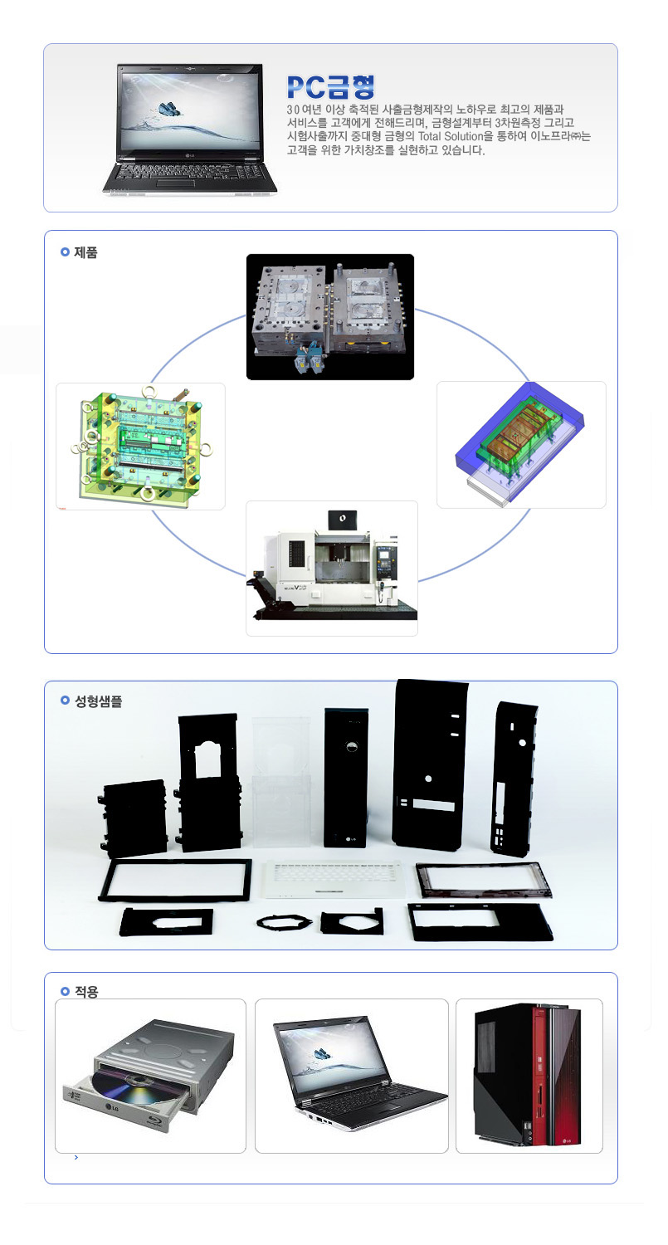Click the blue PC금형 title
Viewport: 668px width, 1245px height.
(330, 87)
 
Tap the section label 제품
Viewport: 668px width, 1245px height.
(85, 252)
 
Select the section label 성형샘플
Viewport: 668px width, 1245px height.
(99, 701)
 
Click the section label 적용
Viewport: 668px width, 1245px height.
(86, 992)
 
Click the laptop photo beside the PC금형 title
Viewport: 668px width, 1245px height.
(189, 129)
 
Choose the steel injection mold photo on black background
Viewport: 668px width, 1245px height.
(330, 317)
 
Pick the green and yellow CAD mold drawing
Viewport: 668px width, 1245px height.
(140, 446)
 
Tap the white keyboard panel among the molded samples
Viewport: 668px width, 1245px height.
(333, 878)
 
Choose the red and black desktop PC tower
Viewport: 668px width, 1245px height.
(528, 1074)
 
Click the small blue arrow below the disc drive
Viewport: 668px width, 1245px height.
(76, 1157)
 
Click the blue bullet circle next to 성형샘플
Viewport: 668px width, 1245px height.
(65, 701)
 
